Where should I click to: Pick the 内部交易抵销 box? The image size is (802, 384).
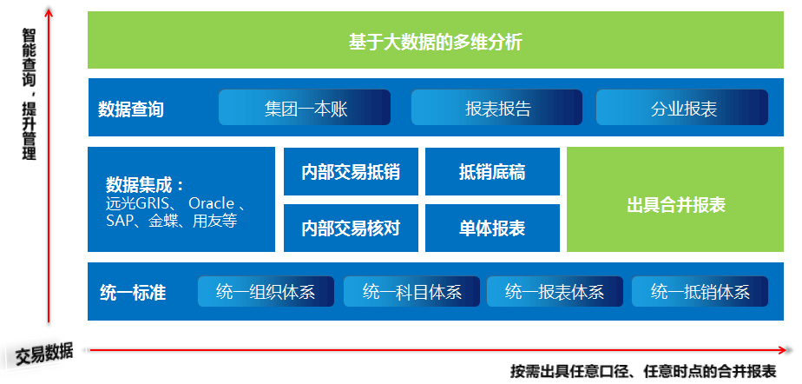pos(351,172)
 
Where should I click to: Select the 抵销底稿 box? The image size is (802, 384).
pos(492,172)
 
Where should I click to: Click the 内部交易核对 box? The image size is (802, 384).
pos(351,228)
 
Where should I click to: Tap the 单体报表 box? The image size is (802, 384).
pos(492,228)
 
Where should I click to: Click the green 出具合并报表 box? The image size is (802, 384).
pos(675,205)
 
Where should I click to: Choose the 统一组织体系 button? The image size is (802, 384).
pos(266,292)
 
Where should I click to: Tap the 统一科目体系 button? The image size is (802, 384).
pos(411,292)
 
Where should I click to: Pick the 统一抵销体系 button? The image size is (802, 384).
pos(700,292)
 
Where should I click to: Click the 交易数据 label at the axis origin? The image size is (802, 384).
pos(43,353)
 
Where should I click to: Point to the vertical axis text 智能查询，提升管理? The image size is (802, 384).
pos(30,94)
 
